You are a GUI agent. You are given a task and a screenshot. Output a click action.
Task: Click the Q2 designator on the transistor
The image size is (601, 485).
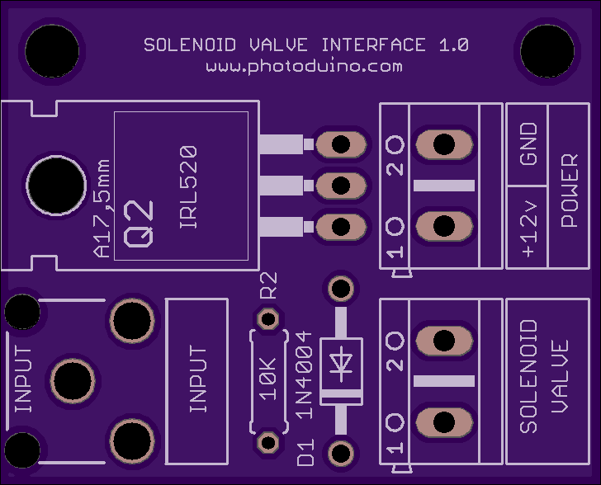139,224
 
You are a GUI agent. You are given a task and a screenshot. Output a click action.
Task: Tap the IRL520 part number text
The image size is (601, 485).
188,187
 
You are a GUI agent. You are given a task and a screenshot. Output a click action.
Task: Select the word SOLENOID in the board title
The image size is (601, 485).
190,45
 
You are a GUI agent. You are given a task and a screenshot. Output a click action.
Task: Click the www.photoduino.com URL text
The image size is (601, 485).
305,67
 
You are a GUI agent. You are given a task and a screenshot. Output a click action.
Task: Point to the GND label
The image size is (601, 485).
529,144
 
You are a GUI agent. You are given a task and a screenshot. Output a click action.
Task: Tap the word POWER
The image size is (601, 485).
569,191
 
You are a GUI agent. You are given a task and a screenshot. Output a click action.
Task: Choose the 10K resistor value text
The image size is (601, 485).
268,379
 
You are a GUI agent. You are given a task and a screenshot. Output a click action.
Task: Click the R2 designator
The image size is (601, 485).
268,285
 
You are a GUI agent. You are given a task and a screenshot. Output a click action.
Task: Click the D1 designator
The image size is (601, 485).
305,453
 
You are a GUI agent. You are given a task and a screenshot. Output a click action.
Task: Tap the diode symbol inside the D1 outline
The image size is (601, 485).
341,368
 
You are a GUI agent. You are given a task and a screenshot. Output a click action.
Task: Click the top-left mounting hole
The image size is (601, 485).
52,51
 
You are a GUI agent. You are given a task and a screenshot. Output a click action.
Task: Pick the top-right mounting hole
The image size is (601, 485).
547,51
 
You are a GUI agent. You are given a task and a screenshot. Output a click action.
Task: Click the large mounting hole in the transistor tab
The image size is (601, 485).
56,186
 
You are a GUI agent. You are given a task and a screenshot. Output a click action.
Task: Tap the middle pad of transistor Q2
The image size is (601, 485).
341,186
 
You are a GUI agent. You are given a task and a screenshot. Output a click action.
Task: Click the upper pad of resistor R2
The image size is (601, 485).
267,318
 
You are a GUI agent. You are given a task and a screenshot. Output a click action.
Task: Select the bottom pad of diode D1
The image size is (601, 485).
341,454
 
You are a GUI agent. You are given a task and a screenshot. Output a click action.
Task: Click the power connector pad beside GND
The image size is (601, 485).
444,144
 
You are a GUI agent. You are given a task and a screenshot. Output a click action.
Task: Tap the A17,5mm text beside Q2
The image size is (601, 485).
102,209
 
